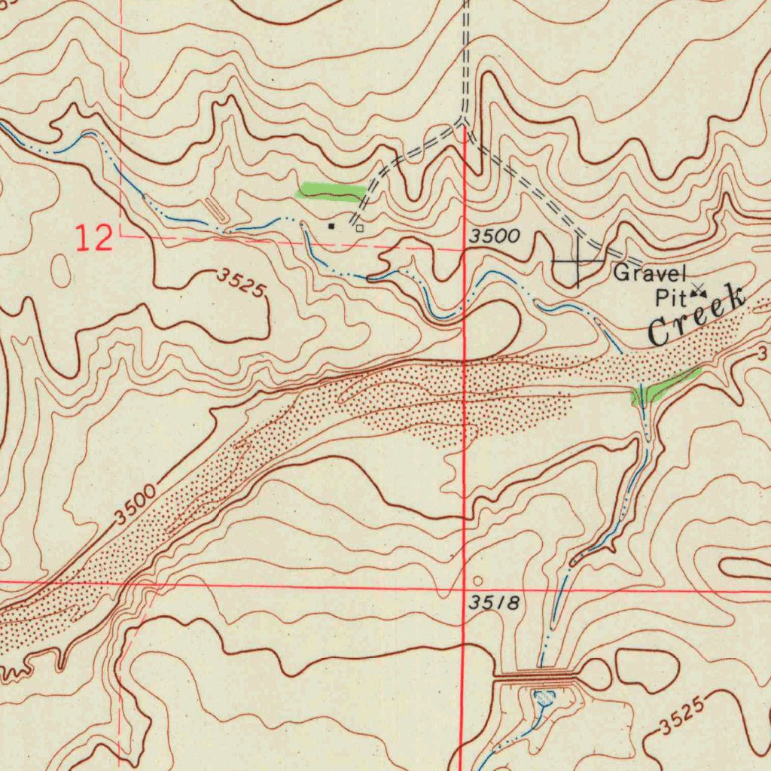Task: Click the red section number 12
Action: tap(94, 238)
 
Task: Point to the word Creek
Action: tap(696, 315)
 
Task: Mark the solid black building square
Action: tap(331, 225)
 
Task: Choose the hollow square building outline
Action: tap(360, 227)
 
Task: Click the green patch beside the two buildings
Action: tap(331, 193)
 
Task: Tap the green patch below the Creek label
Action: tap(666, 385)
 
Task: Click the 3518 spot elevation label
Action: tap(493, 603)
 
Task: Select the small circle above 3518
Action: tap(480, 581)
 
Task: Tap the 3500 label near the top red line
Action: tap(495, 236)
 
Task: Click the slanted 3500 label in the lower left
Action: tap(136, 505)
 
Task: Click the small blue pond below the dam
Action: tap(543, 699)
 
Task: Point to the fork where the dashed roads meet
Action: tap(462, 123)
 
